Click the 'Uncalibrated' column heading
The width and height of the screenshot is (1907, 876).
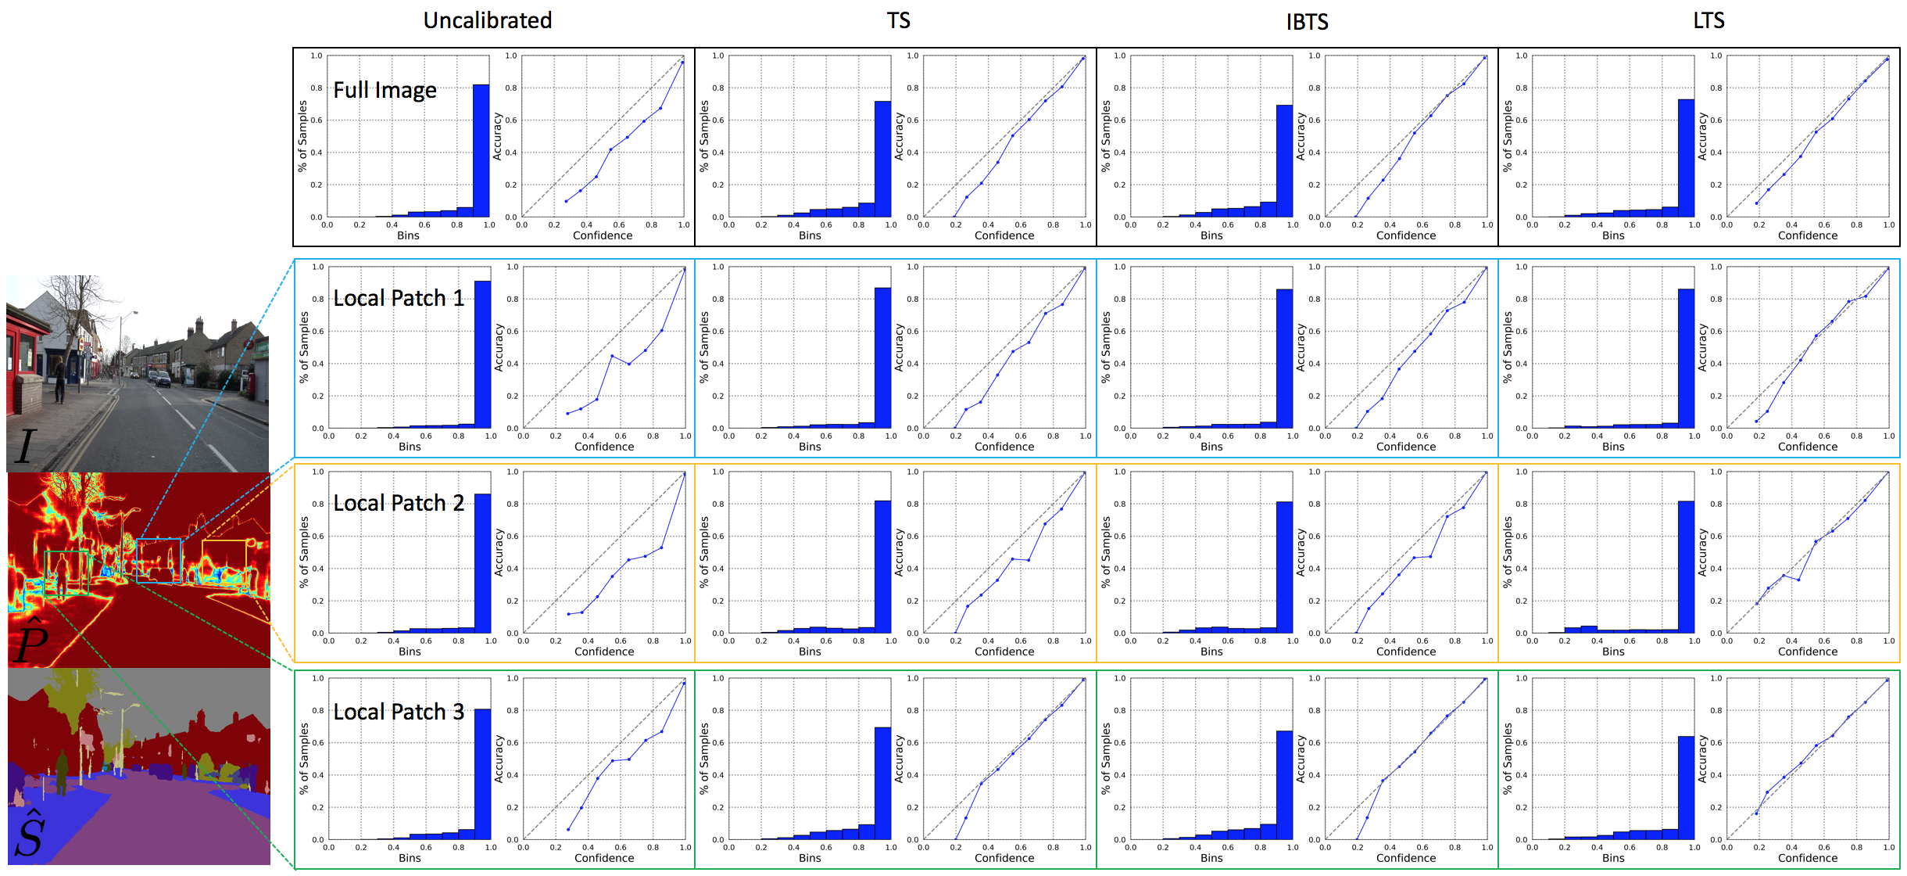click(488, 20)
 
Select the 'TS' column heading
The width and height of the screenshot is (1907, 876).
click(898, 20)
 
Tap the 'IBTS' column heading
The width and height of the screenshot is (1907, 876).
click(1307, 22)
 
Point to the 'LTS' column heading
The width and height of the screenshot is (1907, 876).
click(1708, 20)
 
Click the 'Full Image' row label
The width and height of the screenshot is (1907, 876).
click(385, 90)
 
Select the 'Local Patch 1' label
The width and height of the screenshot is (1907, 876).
click(399, 298)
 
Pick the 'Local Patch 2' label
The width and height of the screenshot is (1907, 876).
click(399, 503)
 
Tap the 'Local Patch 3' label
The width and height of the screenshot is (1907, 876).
click(399, 712)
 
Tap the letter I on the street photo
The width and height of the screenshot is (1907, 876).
click(25, 447)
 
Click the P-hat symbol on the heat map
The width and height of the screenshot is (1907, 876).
click(30, 640)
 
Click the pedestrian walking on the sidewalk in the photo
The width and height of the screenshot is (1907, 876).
click(59, 379)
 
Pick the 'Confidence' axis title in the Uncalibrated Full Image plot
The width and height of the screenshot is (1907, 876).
click(603, 235)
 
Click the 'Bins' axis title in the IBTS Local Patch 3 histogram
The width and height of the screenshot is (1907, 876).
click(1211, 858)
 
